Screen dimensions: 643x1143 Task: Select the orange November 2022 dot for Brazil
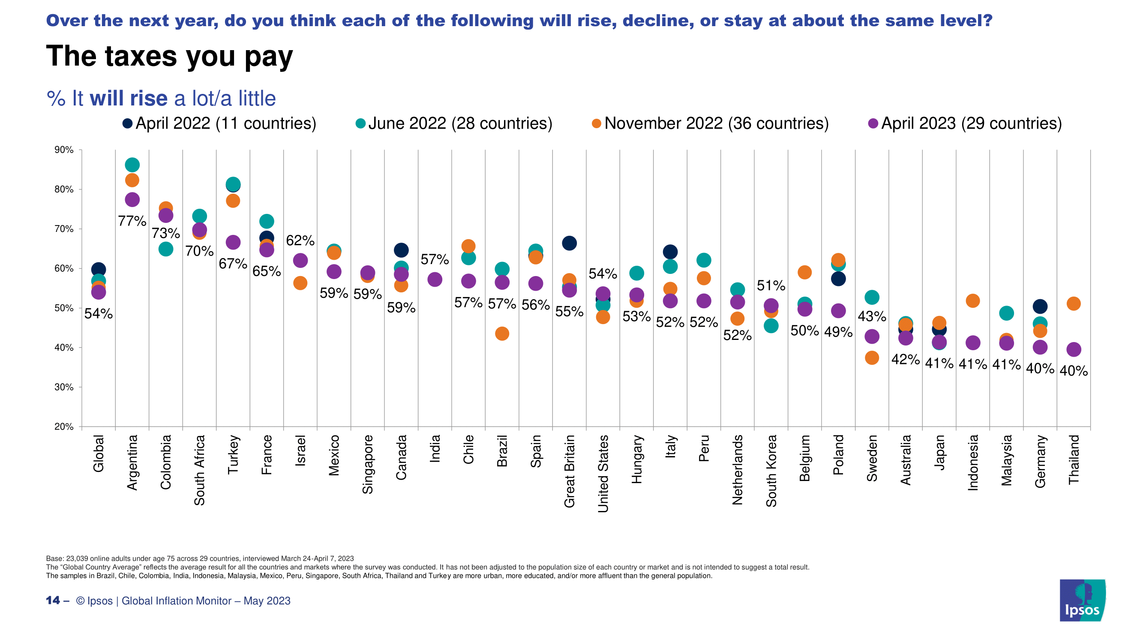coord(502,334)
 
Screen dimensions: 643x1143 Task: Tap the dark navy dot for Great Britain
coord(569,243)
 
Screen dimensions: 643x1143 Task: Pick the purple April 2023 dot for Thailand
coord(1073,350)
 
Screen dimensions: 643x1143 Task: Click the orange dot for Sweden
coord(872,358)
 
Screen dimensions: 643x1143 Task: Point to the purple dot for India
coord(435,279)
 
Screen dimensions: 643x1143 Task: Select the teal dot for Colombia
coord(165,249)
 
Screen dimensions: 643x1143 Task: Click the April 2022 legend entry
coord(219,123)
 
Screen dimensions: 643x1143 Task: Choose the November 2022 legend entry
coord(710,123)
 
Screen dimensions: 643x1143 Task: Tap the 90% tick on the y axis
coord(64,150)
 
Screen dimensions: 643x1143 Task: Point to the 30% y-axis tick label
coord(64,388)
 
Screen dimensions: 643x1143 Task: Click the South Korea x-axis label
coord(771,470)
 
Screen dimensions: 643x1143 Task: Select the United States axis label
coord(603,474)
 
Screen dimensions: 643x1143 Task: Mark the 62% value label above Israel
coord(300,240)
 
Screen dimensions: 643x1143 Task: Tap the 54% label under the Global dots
coord(99,314)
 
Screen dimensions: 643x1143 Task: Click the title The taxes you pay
coord(169,57)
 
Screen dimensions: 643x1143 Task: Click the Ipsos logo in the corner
coord(1082,601)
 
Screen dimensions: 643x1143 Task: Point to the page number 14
coord(53,601)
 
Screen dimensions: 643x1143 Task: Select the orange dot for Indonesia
coord(972,301)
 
